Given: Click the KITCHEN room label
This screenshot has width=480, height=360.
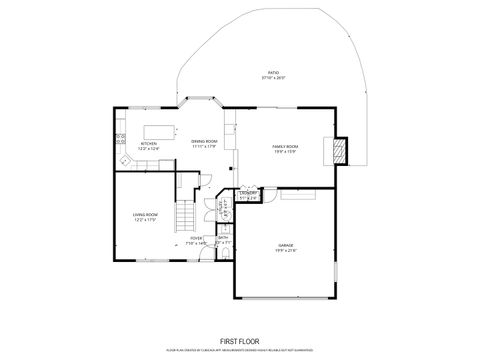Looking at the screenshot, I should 148,143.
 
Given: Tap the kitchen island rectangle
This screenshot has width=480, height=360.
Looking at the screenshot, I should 159,130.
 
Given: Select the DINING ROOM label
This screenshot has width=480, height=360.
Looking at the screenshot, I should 204,142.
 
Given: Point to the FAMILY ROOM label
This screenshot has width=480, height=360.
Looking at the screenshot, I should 286,146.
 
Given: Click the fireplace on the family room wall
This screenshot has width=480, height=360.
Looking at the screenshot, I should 340,150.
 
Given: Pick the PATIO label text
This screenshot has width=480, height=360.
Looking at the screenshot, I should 272,73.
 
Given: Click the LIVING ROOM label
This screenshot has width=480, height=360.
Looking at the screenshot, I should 145,214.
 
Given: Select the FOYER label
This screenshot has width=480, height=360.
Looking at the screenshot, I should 196,237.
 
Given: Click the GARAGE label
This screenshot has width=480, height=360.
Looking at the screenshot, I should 285,244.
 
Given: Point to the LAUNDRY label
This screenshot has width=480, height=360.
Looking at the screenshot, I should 249,192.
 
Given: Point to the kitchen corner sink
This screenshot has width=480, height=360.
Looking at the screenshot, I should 124,159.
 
